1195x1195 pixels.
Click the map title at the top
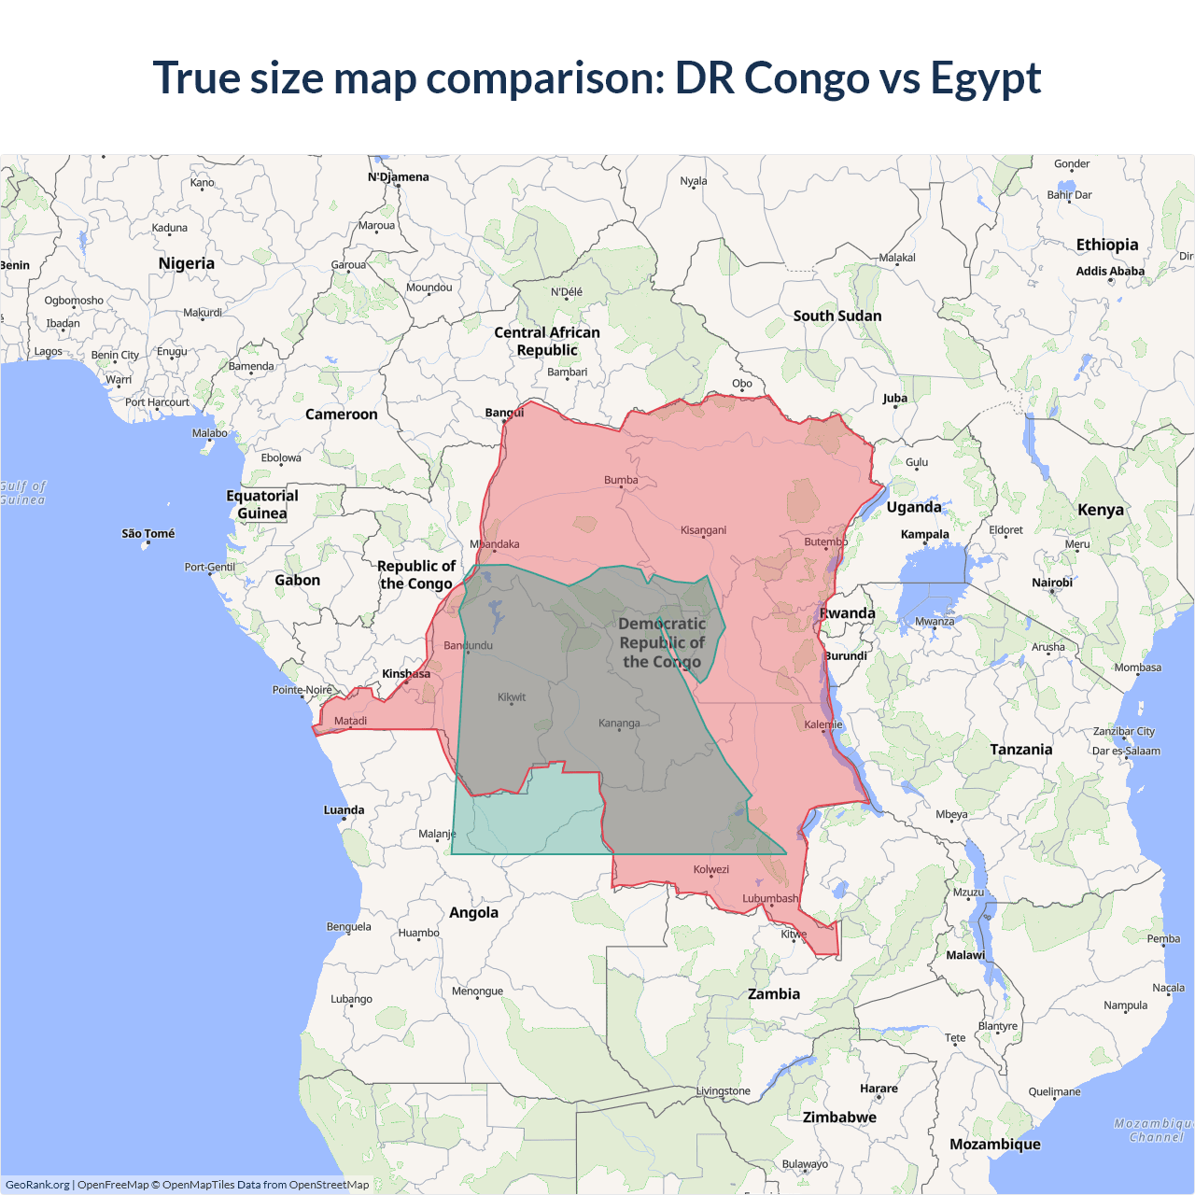(597, 77)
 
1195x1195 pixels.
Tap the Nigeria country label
(187, 263)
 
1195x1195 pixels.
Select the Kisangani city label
(703, 530)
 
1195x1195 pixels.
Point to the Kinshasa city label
(406, 673)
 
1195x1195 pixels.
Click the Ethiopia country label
(1107, 245)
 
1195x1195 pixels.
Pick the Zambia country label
(774, 994)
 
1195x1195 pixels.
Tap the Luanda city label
(344, 810)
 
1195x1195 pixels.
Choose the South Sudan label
(837, 316)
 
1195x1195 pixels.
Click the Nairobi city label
(1052, 583)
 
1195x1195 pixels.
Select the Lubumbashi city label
(770, 898)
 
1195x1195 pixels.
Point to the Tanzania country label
(1021, 750)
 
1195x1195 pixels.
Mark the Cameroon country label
(342, 415)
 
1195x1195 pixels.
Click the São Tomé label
(148, 534)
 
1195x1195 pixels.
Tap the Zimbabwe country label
(839, 1118)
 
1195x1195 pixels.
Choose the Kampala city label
(925, 535)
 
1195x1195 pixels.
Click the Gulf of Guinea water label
(22, 493)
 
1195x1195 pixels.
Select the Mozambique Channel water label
(1155, 1131)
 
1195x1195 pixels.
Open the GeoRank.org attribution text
(37, 1185)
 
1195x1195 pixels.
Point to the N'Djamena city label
(399, 177)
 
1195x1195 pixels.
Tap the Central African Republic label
(547, 341)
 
